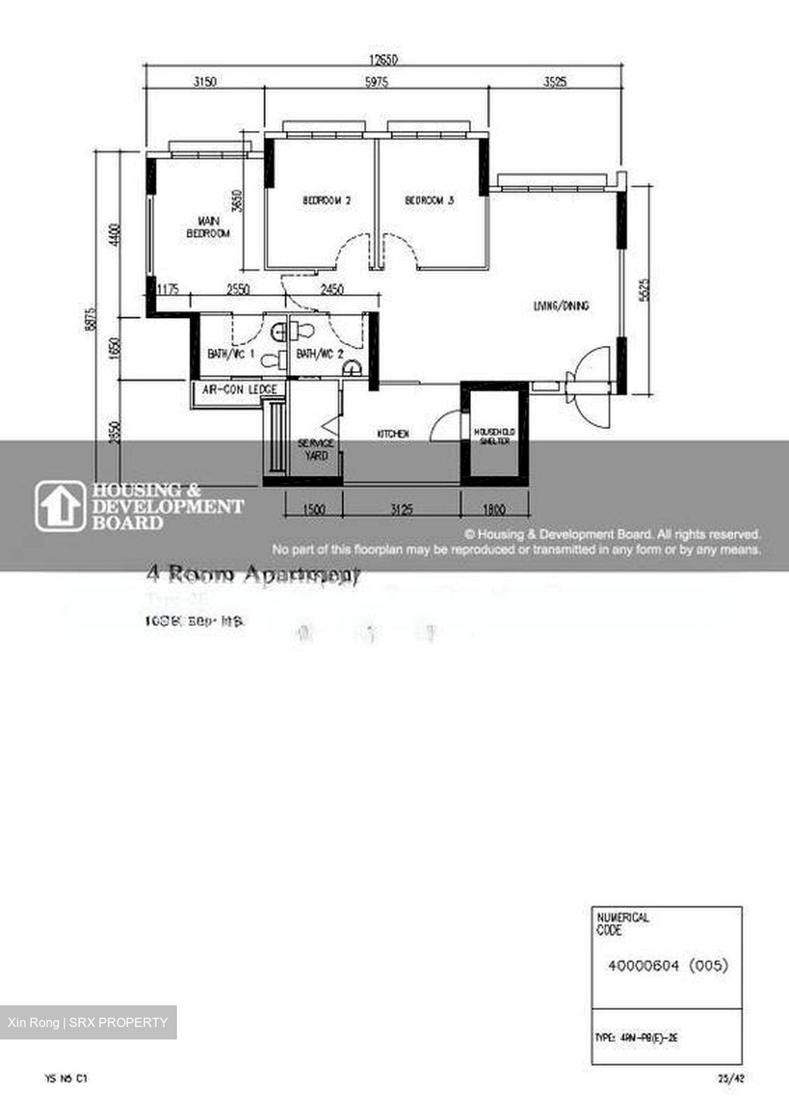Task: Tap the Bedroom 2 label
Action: (326, 201)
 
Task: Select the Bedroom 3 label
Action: (429, 201)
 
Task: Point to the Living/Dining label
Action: (560, 306)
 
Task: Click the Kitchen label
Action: (393, 434)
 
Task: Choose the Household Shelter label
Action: (494, 437)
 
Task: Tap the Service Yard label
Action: (316, 450)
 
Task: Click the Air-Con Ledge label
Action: (239, 389)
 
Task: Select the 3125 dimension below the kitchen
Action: (401, 510)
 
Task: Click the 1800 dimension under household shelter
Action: (493, 510)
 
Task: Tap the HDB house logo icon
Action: (60, 507)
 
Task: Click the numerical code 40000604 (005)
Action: (668, 966)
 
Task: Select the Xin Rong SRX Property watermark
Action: (88, 1022)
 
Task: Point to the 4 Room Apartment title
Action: (253, 576)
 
